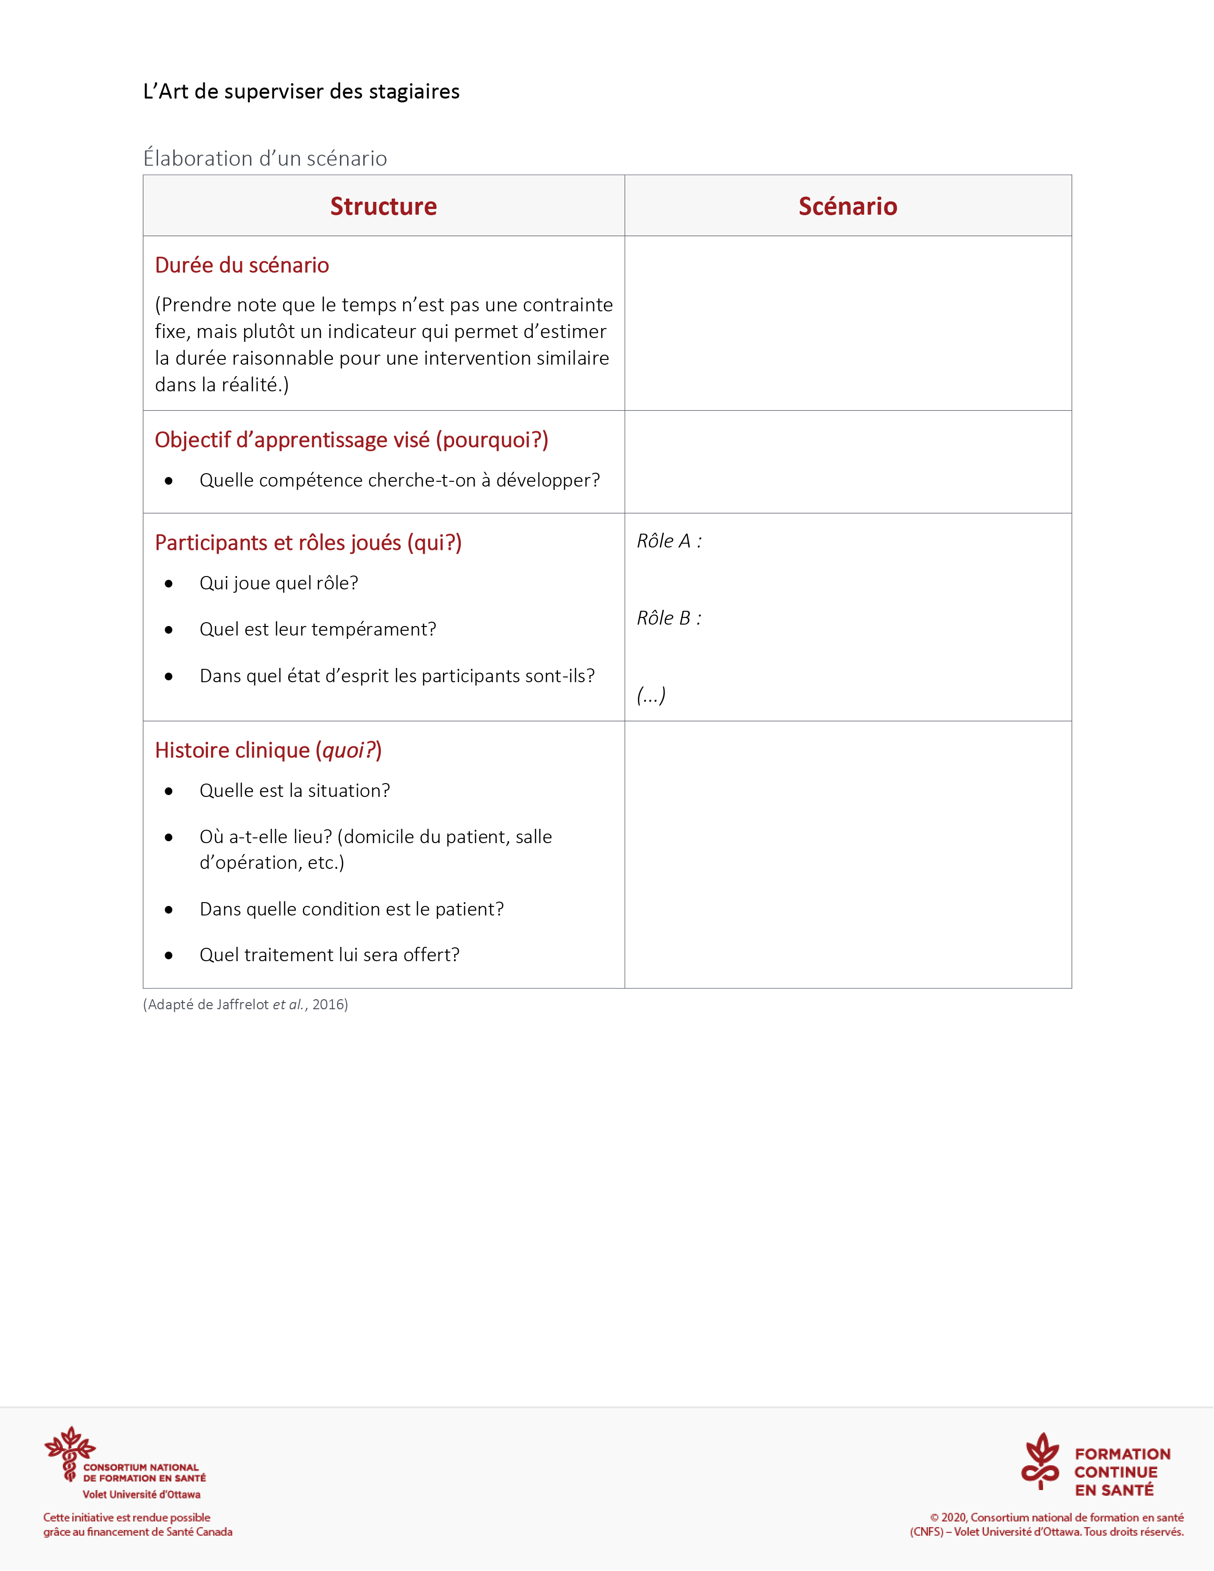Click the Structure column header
383,207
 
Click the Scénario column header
847,207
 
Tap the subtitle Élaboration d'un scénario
265,158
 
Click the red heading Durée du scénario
242,266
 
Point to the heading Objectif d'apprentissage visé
351,439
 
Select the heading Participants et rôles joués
308,542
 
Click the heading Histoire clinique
268,750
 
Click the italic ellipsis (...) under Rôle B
651,695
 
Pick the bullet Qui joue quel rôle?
279,583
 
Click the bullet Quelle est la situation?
294,791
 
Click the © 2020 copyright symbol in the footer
934,1518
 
